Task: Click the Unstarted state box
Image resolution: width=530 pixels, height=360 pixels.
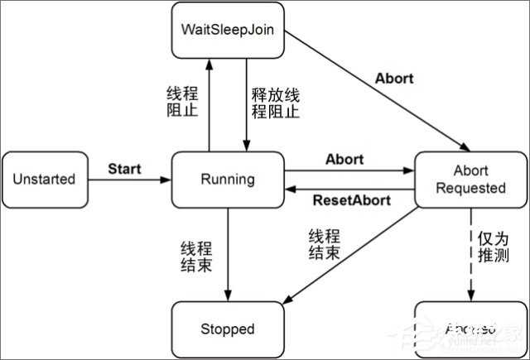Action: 44,179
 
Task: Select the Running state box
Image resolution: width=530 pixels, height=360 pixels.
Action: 227,179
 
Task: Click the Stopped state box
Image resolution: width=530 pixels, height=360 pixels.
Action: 227,329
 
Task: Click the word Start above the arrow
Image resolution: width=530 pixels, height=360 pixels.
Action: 124,169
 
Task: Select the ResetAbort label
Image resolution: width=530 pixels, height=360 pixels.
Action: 346,201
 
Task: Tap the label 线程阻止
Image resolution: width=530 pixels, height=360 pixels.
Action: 183,100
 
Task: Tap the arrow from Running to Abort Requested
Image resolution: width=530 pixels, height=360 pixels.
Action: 348,171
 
